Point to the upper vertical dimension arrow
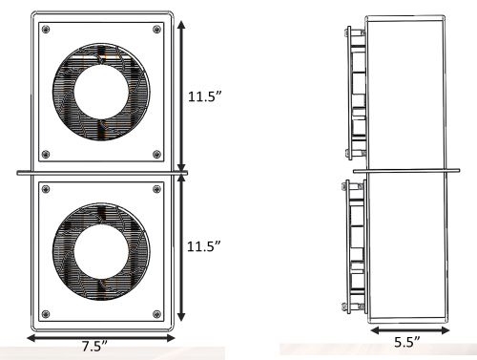[181, 91]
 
